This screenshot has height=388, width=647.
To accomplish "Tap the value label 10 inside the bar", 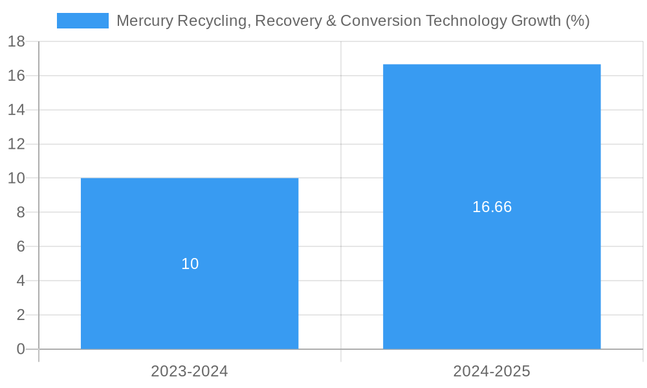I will click(190, 264).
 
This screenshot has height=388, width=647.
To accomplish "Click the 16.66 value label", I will click(492, 207).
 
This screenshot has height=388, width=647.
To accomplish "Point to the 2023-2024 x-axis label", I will click(190, 371).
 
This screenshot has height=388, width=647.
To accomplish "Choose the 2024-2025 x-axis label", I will click(492, 371).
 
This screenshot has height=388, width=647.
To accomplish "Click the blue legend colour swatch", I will click(83, 21).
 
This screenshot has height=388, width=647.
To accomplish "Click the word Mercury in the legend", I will click(144, 21).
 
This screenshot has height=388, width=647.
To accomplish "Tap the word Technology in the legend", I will click(470, 21).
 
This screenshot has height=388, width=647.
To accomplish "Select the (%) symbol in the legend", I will click(577, 21).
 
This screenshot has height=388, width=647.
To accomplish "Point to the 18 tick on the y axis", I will click(16, 41).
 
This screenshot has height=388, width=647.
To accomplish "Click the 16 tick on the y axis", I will click(16, 76).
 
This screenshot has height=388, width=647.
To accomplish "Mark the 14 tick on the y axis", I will click(16, 110).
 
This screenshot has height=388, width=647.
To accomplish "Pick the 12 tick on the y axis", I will click(16, 144).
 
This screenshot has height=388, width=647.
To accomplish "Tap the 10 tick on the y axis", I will click(16, 178).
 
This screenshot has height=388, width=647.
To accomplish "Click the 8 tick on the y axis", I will click(20, 212).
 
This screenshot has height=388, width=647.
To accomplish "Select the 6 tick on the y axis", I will click(20, 246).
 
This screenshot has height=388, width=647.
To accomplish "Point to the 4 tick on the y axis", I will click(20, 281).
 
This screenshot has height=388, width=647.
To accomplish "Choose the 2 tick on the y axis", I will click(20, 315).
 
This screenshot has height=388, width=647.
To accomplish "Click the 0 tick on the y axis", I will click(20, 349).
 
